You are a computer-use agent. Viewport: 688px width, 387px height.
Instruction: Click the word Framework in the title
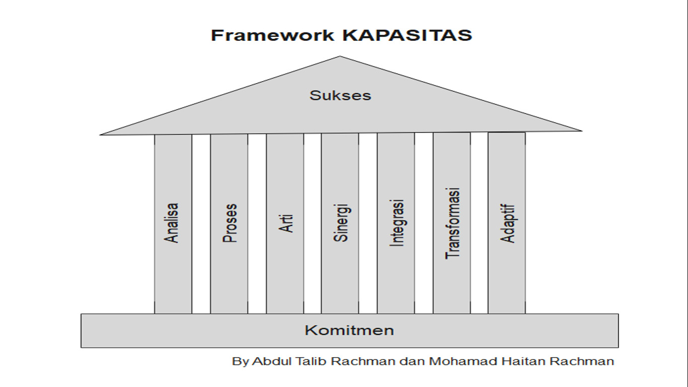(x=272, y=35)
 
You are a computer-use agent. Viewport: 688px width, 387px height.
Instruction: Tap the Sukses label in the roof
(x=340, y=95)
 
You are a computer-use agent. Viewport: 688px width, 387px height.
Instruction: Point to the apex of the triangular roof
(x=340, y=57)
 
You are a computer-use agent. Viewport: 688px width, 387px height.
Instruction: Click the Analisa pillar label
(x=173, y=223)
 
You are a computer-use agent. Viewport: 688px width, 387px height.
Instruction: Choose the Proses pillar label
(x=229, y=223)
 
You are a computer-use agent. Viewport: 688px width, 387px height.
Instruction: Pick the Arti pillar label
(x=286, y=223)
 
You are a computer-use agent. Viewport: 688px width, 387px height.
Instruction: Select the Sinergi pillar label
(x=341, y=223)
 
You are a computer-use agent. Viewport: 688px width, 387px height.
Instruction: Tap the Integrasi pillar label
(x=397, y=223)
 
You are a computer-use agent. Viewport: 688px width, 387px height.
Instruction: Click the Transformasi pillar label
(x=453, y=223)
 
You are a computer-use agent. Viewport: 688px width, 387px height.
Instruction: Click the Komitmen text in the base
(x=349, y=331)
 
